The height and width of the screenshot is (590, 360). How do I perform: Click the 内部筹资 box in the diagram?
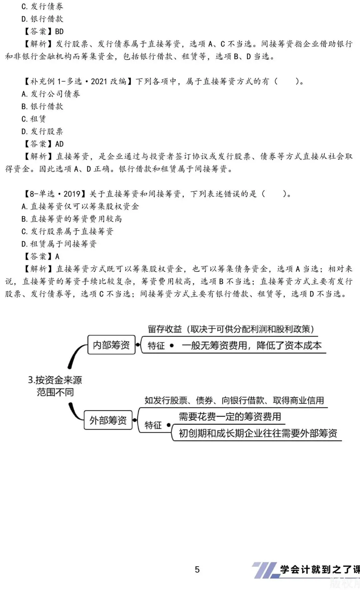pyautogui.click(x=111, y=345)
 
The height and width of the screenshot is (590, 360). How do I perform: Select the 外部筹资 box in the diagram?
pyautogui.click(x=108, y=420)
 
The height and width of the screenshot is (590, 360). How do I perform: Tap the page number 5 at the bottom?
pyautogui.click(x=197, y=569)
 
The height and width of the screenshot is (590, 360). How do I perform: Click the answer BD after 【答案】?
pyautogui.click(x=59, y=31)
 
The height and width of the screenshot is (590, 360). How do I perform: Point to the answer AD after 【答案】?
pyautogui.click(x=59, y=144)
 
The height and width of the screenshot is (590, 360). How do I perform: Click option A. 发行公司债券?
pyautogui.click(x=51, y=94)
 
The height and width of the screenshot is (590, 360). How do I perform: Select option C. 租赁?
pyautogui.click(x=34, y=119)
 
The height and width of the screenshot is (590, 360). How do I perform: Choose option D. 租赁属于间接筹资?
pyautogui.click(x=59, y=244)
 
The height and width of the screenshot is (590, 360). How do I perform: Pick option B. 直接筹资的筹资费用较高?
pyautogui.click(x=72, y=219)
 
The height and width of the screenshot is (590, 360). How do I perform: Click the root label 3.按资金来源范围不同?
pyautogui.click(x=55, y=386)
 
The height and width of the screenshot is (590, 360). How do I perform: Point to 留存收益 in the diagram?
pyautogui.click(x=165, y=329)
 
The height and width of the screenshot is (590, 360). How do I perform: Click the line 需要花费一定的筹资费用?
pyautogui.click(x=230, y=417)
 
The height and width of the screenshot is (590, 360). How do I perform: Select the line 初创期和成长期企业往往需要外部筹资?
pyautogui.click(x=258, y=433)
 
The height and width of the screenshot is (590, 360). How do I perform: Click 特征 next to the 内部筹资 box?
pyautogui.click(x=156, y=346)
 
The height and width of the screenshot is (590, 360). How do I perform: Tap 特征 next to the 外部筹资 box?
pyautogui.click(x=153, y=425)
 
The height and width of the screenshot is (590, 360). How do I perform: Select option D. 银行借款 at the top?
pyautogui.click(x=42, y=19)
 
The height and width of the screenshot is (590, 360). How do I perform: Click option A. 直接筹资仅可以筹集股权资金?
pyautogui.click(x=80, y=207)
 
